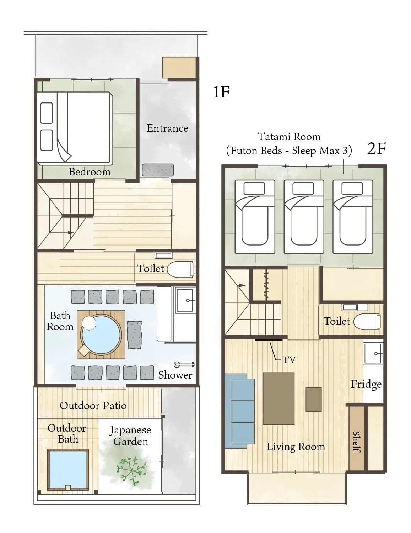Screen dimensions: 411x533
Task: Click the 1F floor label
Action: point(221,92)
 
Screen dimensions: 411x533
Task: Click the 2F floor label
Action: point(377,148)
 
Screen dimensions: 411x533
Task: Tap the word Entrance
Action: point(167,128)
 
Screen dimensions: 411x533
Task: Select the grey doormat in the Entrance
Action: point(158,170)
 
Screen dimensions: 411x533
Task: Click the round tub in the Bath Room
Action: point(101,335)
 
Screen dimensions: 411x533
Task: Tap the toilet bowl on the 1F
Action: point(181,269)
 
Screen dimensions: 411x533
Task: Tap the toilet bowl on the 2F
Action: point(367,322)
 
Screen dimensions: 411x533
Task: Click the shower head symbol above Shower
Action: point(184,364)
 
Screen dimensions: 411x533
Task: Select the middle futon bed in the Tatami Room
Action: point(304,217)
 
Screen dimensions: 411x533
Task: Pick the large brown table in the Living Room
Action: point(278,399)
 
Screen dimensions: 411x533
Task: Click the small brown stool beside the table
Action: point(314,400)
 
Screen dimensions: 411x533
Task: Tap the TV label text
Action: point(289,360)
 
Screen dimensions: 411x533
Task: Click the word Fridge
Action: point(366,384)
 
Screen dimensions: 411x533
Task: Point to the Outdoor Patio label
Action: point(93,406)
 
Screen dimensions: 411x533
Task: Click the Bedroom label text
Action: point(90,172)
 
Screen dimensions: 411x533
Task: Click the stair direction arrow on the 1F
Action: point(63,233)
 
